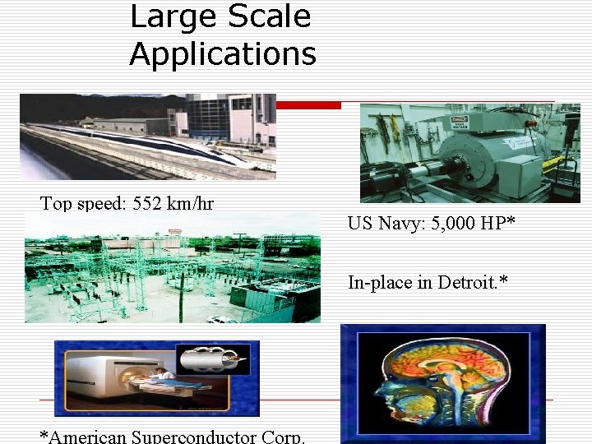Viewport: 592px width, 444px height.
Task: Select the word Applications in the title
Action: [x=222, y=54]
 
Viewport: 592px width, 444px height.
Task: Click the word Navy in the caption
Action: [x=403, y=223]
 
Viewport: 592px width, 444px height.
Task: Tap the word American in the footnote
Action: [x=87, y=437]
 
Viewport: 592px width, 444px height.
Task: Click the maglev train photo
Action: [x=148, y=136]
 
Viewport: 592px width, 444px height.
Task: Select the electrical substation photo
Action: [x=173, y=268]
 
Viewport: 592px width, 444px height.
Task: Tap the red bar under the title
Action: [x=308, y=105]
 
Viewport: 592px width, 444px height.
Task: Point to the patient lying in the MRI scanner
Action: [x=160, y=377]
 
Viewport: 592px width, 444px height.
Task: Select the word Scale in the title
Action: [x=271, y=16]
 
